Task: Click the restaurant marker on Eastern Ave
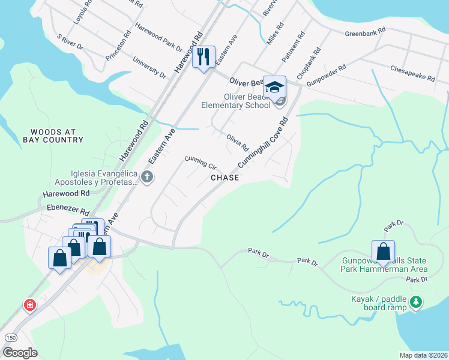[x=203, y=58]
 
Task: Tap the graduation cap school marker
[x=274, y=88]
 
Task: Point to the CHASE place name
[x=224, y=178]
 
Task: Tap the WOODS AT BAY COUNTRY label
[x=53, y=136]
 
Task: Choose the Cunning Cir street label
[x=200, y=162]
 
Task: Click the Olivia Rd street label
[x=238, y=142]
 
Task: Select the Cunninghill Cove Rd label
[x=263, y=143]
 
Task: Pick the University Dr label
[x=149, y=68]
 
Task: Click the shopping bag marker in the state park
[x=383, y=251]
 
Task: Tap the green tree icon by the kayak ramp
[x=416, y=302]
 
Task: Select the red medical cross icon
[x=29, y=305]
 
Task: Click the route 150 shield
[x=11, y=338]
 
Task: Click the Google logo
[x=19, y=353]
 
